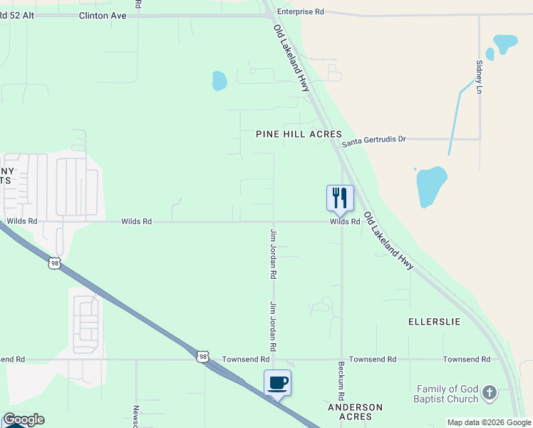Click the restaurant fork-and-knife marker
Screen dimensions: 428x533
coord(340,198)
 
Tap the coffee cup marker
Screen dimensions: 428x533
coord(277,383)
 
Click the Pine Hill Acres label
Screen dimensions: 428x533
coord(299,134)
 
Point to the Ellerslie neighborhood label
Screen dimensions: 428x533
coord(434,322)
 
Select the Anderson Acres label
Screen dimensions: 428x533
coord(355,412)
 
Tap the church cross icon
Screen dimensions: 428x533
coord(489,392)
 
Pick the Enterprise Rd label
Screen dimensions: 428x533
coord(301,12)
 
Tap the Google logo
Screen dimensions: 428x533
coord(24,419)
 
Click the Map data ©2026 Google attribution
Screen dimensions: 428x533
coord(489,422)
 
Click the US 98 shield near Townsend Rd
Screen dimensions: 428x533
coord(203,356)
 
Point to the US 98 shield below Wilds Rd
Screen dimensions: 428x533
coord(55,263)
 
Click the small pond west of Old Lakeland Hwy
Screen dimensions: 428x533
coord(219,81)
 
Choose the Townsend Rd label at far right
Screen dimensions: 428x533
coord(466,360)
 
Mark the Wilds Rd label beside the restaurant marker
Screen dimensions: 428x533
coord(344,222)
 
